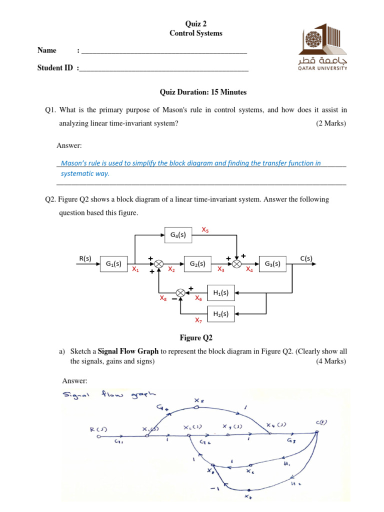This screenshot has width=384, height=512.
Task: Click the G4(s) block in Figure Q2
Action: (x=178, y=234)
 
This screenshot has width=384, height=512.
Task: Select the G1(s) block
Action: (x=114, y=263)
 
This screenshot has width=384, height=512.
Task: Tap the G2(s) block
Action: (x=198, y=263)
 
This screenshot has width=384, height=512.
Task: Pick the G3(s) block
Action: (x=272, y=263)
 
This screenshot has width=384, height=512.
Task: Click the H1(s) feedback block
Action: (x=220, y=293)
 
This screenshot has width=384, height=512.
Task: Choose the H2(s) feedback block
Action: (x=220, y=314)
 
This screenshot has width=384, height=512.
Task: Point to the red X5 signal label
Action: (x=205, y=229)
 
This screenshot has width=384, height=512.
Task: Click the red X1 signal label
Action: (x=135, y=269)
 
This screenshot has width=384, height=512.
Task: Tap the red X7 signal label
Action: (x=198, y=320)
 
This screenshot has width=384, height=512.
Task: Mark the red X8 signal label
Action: (x=162, y=298)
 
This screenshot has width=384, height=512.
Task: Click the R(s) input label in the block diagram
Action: (x=85, y=258)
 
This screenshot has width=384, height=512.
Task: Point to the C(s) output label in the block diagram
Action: (x=306, y=258)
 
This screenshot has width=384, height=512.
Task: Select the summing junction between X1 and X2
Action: (x=158, y=263)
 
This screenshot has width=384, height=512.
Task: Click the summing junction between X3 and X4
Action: (x=237, y=263)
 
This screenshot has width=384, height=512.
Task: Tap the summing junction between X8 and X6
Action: (x=180, y=293)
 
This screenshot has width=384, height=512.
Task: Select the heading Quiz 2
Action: (x=195, y=23)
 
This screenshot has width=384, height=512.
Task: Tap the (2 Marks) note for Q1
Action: (x=330, y=123)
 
